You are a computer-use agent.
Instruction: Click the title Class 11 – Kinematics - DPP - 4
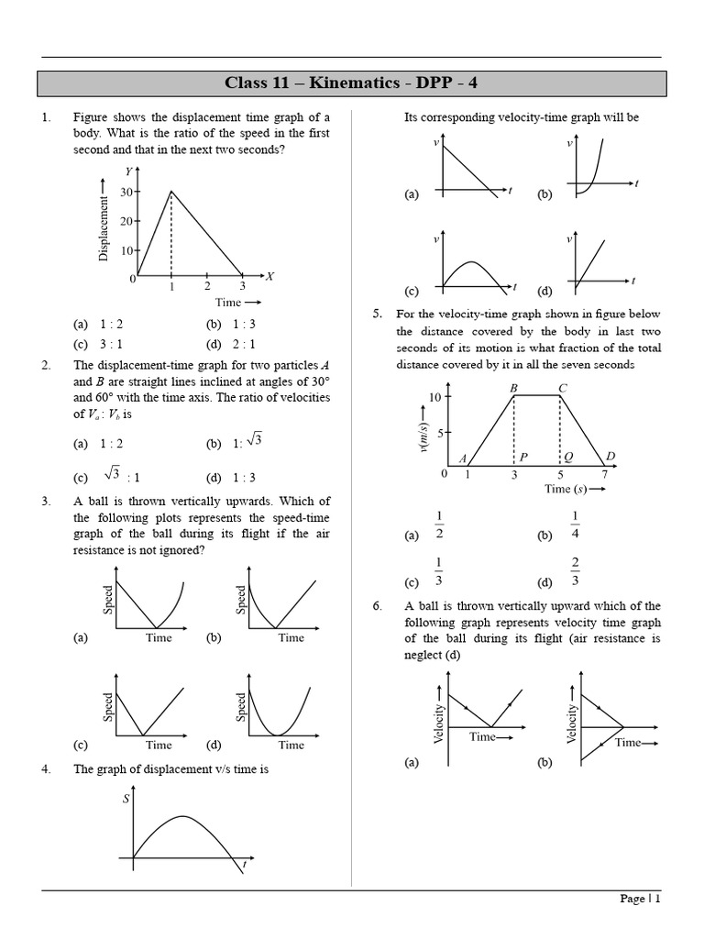[351, 84]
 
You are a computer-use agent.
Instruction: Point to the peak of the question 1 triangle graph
[171, 191]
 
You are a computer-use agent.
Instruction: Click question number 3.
[46, 501]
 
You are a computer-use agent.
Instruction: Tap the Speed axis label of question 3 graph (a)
[109, 600]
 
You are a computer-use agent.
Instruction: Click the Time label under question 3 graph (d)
[291, 745]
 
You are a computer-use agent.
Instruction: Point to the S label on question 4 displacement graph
[126, 799]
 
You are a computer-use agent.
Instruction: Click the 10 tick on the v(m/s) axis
[434, 396]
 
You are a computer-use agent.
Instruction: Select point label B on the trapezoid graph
[514, 388]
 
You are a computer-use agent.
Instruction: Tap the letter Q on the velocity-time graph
[568, 457]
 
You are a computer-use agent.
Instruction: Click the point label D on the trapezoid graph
[610, 457]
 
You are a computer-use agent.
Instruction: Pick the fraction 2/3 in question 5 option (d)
[575, 572]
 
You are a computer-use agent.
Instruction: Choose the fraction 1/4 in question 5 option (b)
[575, 525]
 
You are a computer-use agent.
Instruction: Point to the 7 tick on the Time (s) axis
[604, 474]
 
